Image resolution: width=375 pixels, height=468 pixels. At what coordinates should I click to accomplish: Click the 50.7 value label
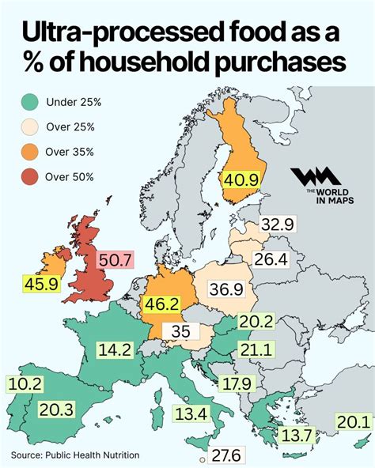(115, 259)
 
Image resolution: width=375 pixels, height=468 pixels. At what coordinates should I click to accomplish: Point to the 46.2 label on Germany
(161, 302)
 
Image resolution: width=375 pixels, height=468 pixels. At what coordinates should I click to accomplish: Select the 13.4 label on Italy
(192, 413)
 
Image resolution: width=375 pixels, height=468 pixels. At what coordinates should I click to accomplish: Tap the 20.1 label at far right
(353, 421)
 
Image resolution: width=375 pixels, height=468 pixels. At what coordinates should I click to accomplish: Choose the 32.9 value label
(278, 225)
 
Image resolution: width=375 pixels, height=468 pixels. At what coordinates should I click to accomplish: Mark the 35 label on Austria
(181, 331)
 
